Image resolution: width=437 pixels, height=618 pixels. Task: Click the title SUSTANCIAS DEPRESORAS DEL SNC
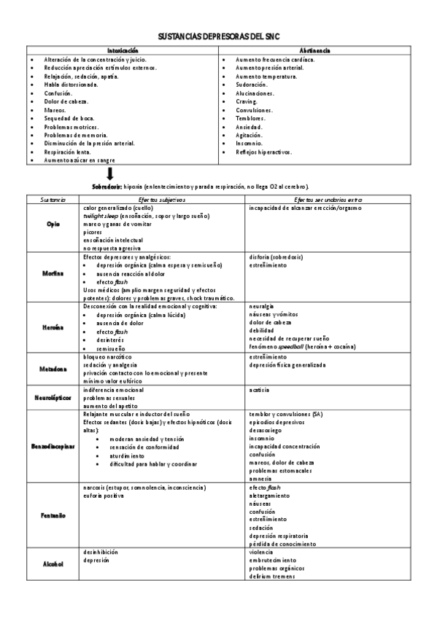(218, 36)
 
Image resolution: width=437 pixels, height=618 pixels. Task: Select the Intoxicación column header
(123, 50)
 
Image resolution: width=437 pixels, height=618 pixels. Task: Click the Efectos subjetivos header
(163, 199)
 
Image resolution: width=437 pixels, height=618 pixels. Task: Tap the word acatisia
(260, 390)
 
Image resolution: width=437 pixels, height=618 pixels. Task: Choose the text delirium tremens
(272, 576)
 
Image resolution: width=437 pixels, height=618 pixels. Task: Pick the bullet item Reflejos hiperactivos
(263, 152)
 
